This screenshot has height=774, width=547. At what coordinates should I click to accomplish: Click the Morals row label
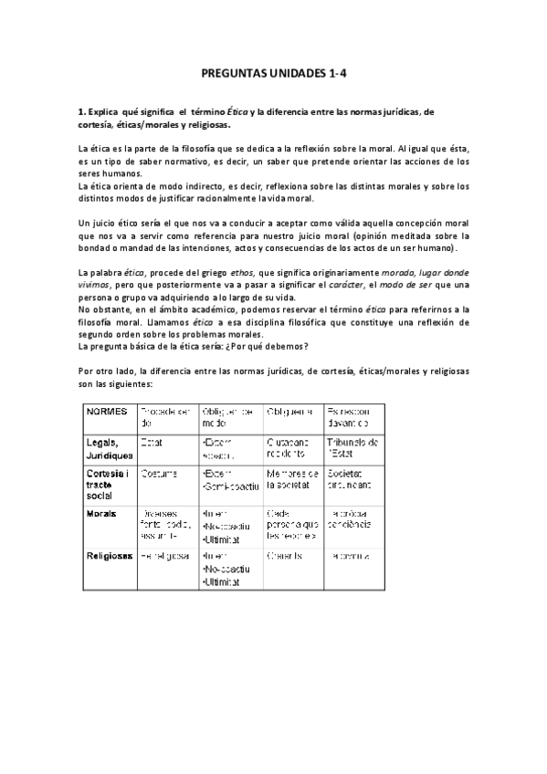101,514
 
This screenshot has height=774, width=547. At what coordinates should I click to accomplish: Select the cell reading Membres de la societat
292,479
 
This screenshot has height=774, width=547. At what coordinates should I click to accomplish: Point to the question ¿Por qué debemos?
280,346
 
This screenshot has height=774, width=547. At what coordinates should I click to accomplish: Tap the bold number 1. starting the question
81,111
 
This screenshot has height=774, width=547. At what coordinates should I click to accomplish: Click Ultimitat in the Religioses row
224,580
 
